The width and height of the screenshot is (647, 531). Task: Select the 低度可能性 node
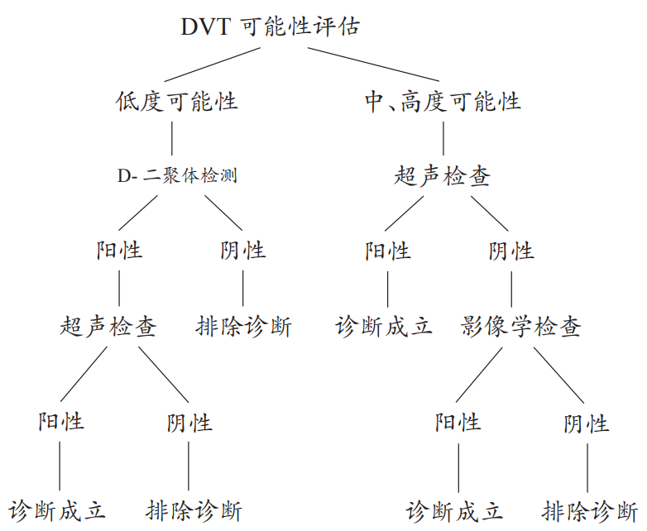coord(176,102)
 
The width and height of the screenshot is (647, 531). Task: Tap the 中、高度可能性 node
coord(443,102)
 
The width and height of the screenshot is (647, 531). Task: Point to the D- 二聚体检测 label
coord(178,176)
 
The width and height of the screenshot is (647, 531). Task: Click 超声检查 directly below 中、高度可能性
coord(442,176)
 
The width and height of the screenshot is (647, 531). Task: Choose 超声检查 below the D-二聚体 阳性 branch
coord(108,326)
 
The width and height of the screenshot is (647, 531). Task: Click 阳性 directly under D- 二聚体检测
coord(120,250)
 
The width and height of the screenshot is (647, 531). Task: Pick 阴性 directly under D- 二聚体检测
coord(243,250)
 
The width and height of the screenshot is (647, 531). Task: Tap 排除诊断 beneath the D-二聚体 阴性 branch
coord(243,326)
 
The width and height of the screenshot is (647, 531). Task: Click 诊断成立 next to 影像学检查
coord(385,326)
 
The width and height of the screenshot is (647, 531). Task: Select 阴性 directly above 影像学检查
coord(511,250)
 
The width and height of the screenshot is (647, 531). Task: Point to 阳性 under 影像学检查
coord(458,422)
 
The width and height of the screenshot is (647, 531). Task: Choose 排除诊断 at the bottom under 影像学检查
coord(591,509)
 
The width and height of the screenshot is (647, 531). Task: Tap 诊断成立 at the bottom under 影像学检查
coord(454,509)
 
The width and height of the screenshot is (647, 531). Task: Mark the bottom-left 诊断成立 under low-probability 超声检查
coord(58,509)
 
